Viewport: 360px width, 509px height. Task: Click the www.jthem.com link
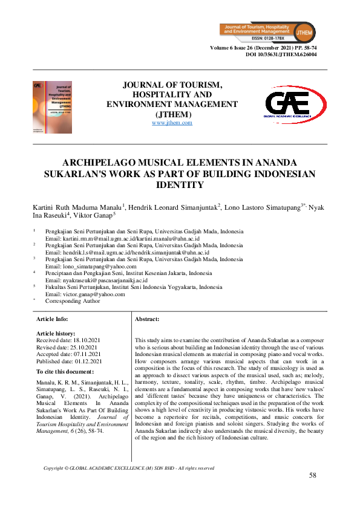pos(172,123)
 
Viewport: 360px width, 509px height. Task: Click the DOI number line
pos(281,54)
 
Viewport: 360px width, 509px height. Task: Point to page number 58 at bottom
pos(313,475)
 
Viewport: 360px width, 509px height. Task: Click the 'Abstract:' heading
pos(147,319)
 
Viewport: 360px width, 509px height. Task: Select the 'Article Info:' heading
pos(52,319)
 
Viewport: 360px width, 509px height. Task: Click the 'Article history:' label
pos(56,333)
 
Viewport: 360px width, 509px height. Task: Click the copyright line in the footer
pos(129,468)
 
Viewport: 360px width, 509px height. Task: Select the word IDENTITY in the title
pos(180,186)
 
